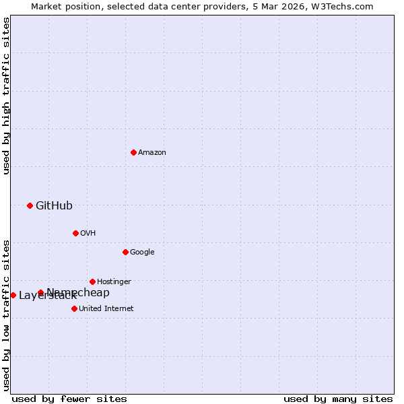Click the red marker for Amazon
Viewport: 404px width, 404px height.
pyautogui.click(x=133, y=152)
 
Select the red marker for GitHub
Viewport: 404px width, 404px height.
pyautogui.click(x=30, y=205)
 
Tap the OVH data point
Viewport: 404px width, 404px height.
pyautogui.click(x=75, y=233)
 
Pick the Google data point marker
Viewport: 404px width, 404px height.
pyautogui.click(x=125, y=252)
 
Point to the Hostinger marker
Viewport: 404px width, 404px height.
pyautogui.click(x=92, y=281)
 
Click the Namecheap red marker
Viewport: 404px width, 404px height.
pyautogui.click(x=40, y=292)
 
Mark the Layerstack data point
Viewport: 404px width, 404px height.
pyautogui.click(x=13, y=295)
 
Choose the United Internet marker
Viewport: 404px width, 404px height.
pyautogui.click(x=74, y=308)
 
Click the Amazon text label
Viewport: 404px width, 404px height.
pyautogui.click(x=152, y=153)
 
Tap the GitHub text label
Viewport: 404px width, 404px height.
pyautogui.click(x=54, y=206)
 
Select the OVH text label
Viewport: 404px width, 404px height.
pyautogui.click(x=88, y=234)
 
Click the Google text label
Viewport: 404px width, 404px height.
pyautogui.click(x=142, y=252)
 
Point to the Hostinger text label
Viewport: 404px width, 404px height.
pyautogui.click(x=114, y=281)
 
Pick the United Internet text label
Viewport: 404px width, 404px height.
pyautogui.click(x=106, y=309)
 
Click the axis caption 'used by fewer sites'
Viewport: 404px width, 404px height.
pyautogui.click(x=69, y=399)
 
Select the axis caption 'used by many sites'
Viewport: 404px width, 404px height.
pyautogui.click(x=338, y=399)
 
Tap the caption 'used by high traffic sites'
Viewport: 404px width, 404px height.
pyautogui.click(x=6, y=96)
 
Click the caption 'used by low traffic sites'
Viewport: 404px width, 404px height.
pyautogui.click(x=6, y=314)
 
